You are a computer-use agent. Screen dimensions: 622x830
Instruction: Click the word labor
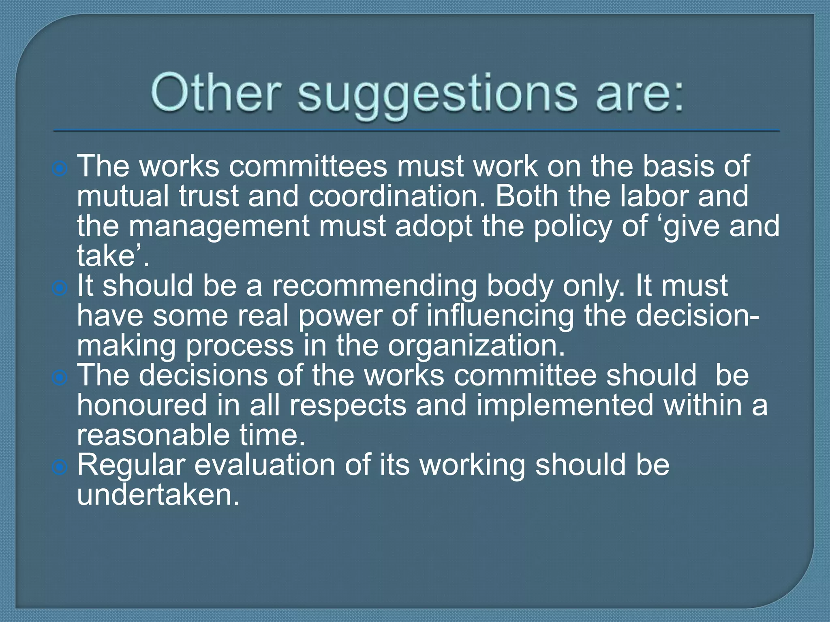point(654,196)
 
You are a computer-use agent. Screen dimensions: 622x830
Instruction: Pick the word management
point(219,227)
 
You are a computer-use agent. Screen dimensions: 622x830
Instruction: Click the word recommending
point(374,287)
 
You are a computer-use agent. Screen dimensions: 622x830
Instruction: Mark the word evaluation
point(265,465)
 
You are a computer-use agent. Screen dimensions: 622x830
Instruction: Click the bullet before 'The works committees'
point(60,169)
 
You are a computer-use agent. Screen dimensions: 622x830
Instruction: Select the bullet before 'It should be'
point(60,288)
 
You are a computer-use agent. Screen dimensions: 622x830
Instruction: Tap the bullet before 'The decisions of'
point(60,378)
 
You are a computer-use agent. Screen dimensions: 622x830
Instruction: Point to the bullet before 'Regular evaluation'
point(60,468)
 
